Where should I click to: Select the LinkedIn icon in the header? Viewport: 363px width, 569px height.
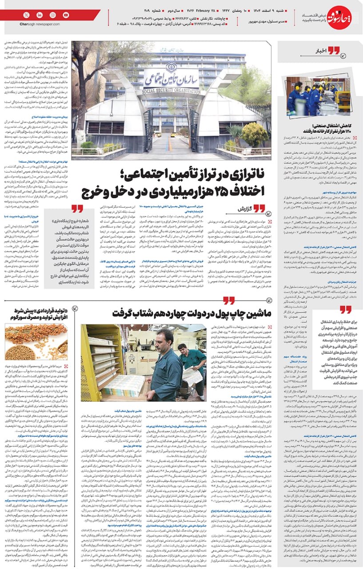coord(40,16)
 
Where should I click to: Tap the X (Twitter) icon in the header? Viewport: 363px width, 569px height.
coord(27,16)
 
